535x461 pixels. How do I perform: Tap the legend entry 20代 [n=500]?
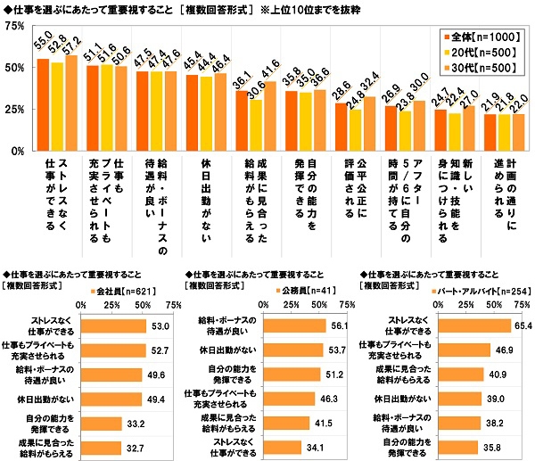click(478, 53)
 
